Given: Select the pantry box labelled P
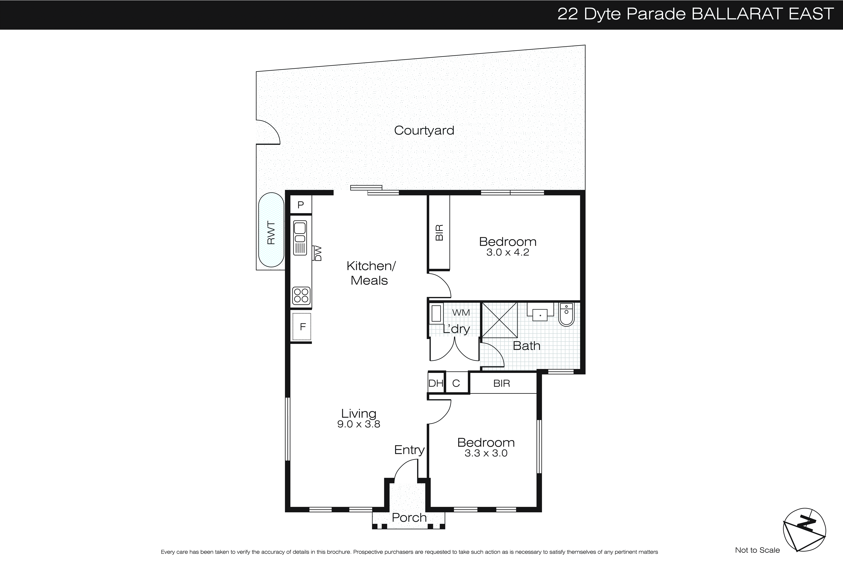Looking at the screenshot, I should pyautogui.click(x=301, y=205).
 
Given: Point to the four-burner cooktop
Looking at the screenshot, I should pyautogui.click(x=301, y=296).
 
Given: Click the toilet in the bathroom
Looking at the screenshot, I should pyautogui.click(x=566, y=314).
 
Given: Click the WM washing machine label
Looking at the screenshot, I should pyautogui.click(x=461, y=313).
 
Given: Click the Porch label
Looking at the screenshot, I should pyautogui.click(x=409, y=518).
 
